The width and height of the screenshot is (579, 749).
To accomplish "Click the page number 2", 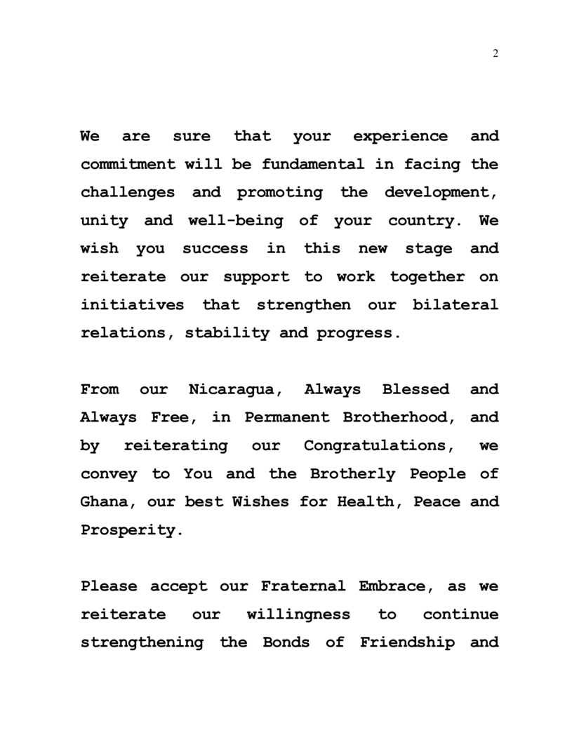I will click(x=495, y=54).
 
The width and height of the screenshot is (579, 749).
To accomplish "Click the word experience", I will click(x=400, y=137).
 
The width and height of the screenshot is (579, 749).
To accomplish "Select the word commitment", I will click(x=128, y=165).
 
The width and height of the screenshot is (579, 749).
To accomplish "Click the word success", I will click(x=215, y=249).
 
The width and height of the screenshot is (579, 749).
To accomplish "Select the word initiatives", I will click(x=133, y=305).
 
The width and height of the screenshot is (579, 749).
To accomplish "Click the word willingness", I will click(x=298, y=614).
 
